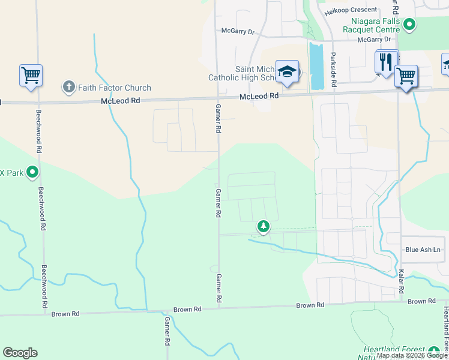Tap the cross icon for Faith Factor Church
(68, 88)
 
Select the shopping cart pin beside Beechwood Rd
(31, 76)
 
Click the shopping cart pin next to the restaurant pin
(406, 77)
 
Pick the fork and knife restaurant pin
(386, 62)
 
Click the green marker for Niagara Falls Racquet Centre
(410, 25)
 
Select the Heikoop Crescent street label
(351, 10)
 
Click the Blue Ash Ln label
(423, 250)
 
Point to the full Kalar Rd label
(401, 280)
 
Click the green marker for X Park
(32, 173)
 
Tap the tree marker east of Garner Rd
(263, 226)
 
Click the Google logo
(20, 353)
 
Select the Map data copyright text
(412, 356)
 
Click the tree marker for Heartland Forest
(435, 350)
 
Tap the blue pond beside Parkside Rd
(316, 58)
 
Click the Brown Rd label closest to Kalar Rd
(421, 301)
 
